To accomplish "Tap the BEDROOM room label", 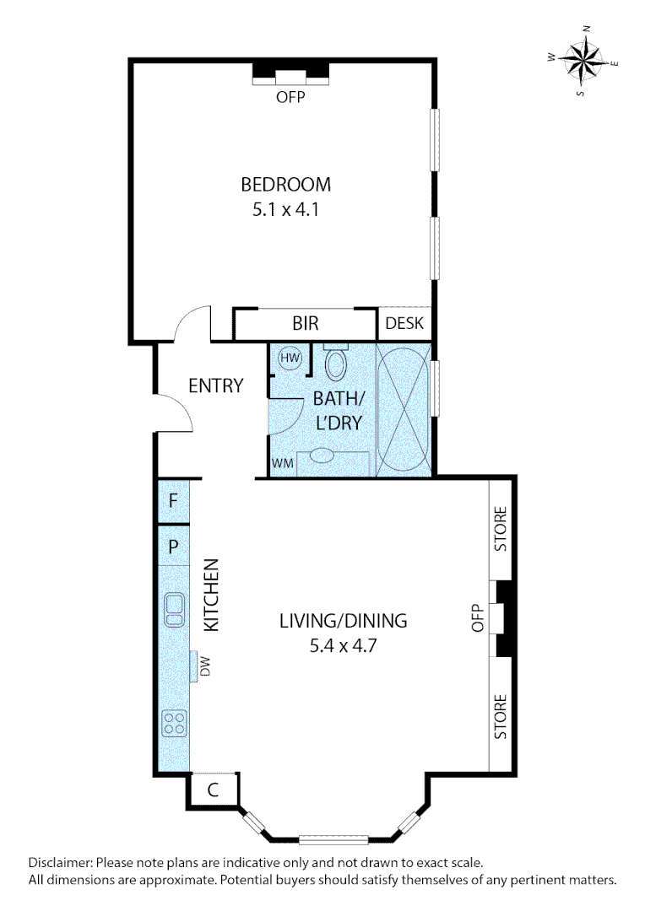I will [285, 184].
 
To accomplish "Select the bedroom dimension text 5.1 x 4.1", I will [285, 210].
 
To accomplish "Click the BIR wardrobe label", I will [305, 324].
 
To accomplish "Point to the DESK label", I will [404, 324].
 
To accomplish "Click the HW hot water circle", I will [290, 358].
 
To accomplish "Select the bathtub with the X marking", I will [403, 408].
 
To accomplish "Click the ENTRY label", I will [215, 386].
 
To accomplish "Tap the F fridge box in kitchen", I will [173, 500].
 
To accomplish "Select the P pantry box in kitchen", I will [173, 546].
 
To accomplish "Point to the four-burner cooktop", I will [175, 722].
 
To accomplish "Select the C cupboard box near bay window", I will [214, 790].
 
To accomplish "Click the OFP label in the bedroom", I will [290, 97].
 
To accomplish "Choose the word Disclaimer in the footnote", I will [61, 863].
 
